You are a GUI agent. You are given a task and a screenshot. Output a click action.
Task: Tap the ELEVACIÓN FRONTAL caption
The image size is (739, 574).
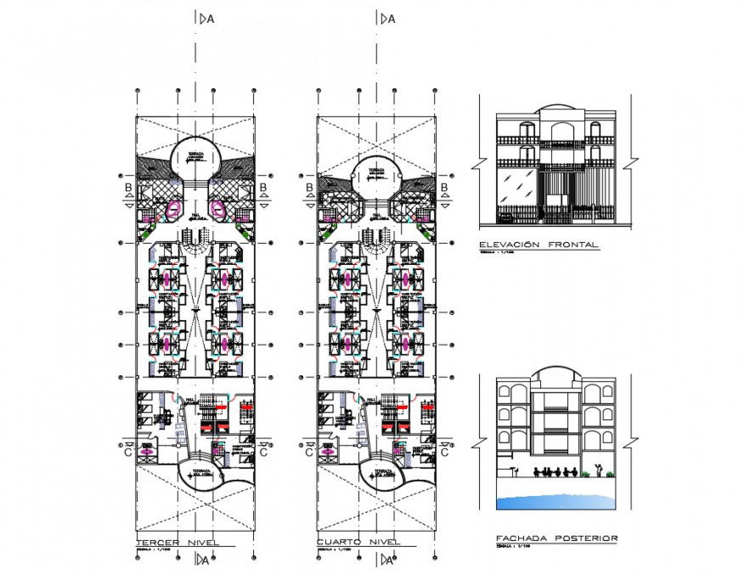click(x=539, y=245)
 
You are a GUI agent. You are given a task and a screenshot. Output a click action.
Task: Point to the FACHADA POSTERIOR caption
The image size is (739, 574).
click(x=556, y=537)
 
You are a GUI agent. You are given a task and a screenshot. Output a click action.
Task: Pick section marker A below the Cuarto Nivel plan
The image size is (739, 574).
click(x=388, y=559)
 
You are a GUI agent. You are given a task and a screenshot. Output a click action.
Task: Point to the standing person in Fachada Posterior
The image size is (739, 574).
click(x=600, y=468)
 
